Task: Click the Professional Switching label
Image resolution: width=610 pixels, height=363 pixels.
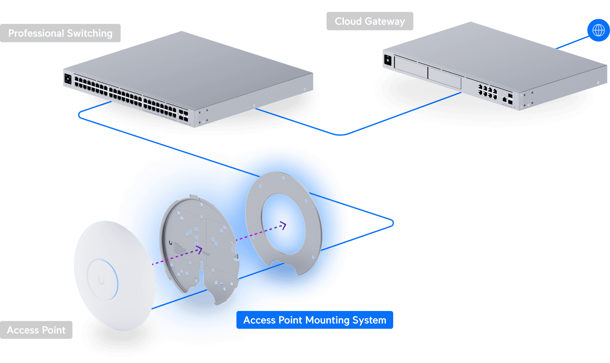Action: [60, 33]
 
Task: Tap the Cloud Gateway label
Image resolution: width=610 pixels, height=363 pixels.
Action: [370, 21]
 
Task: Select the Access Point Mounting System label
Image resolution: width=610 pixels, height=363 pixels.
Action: [315, 320]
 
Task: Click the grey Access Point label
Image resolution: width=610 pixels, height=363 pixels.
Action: [36, 330]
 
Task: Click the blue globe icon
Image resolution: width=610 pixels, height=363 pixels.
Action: [598, 30]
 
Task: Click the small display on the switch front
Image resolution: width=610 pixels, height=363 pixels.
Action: [68, 79]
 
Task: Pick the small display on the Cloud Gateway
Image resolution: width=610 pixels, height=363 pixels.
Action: [388, 61]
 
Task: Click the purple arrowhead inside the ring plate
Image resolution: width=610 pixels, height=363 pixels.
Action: [284, 225]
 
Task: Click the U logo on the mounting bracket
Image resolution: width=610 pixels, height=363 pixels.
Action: [170, 243]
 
